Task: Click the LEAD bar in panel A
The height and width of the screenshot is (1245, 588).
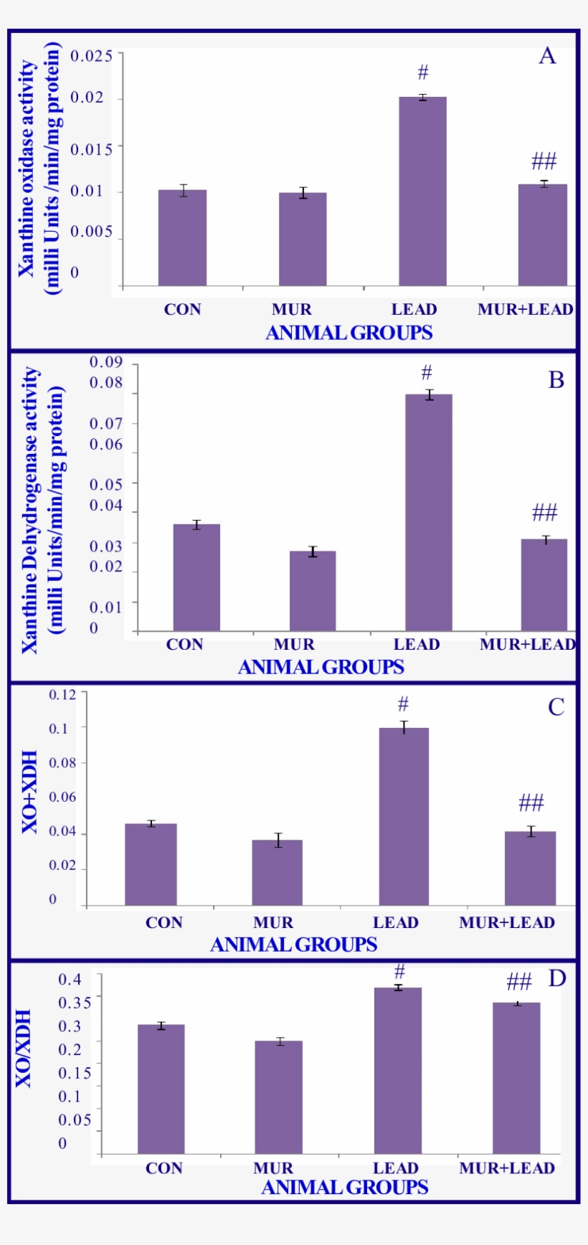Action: pos(422,191)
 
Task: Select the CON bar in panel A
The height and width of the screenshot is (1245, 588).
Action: pos(182,238)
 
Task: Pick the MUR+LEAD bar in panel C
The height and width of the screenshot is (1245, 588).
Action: pos(530,868)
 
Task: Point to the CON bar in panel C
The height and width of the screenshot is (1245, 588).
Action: pos(151,864)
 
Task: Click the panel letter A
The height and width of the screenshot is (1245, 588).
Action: pos(547,56)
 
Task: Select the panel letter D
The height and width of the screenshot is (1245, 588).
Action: pos(556,979)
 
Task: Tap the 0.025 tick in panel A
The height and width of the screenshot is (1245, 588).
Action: pos(91,55)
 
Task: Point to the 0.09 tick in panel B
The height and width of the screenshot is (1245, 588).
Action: pos(106,363)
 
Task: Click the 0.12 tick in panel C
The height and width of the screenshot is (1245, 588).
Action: pos(62,694)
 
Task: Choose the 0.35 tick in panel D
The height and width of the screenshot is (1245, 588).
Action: pos(75,1003)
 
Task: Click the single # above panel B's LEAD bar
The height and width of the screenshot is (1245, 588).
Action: pos(427,373)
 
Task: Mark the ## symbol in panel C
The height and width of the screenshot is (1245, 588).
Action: pos(531,803)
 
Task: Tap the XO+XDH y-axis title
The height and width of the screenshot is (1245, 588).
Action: pos(30,792)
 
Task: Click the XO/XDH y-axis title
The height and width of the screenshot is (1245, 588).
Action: pos(24,1048)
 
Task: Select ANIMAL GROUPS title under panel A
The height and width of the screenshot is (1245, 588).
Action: pos(349,333)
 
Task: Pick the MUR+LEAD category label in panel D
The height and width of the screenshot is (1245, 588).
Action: pos(507,1168)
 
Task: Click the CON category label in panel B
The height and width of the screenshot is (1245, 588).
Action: pos(185,645)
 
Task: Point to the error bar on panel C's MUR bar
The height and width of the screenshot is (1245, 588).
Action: pos(278,840)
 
